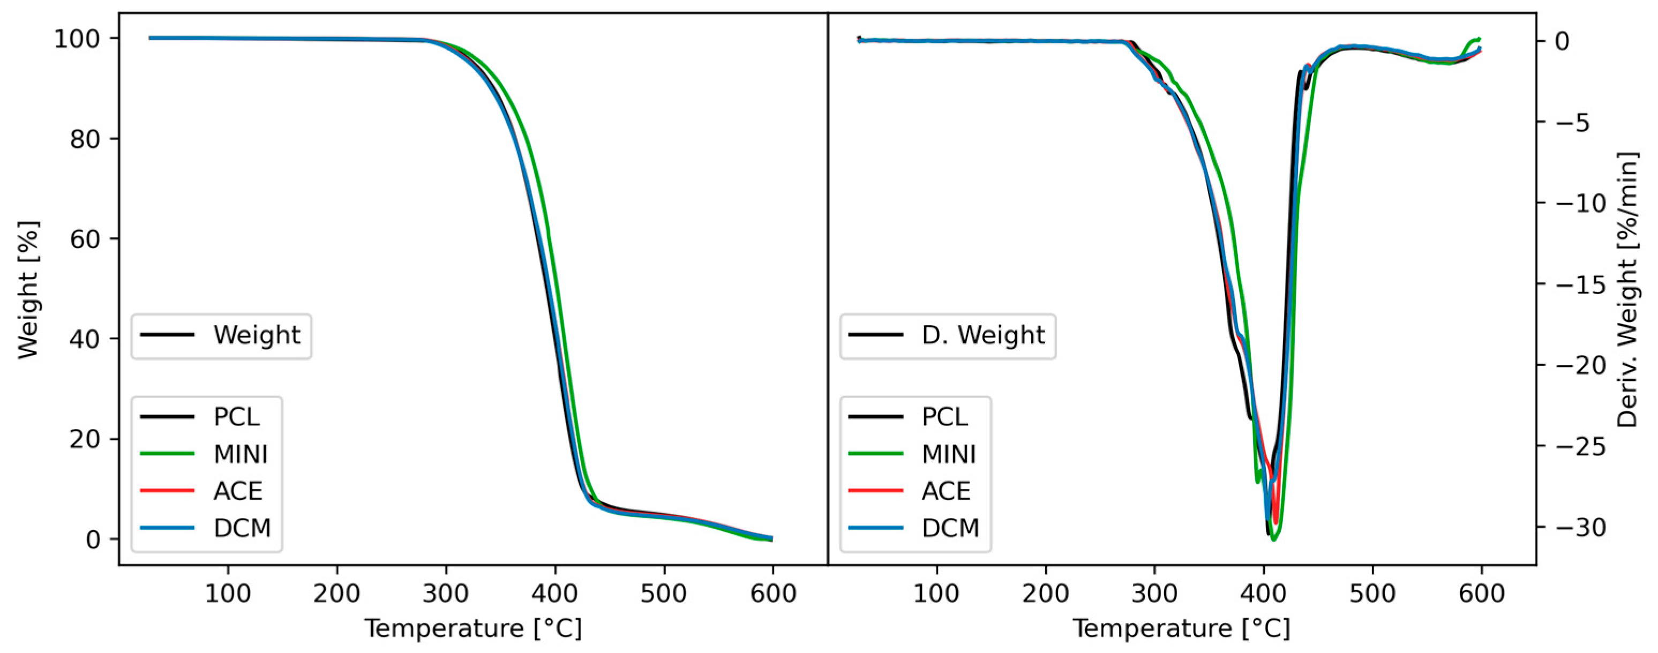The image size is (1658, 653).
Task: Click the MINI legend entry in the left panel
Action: click(240, 454)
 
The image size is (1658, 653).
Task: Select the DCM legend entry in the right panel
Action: click(950, 528)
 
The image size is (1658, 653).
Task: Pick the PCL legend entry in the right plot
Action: click(944, 417)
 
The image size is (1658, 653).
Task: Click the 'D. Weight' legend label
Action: click(983, 335)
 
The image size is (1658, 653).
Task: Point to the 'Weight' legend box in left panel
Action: click(221, 336)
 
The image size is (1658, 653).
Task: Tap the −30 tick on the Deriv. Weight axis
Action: click(1581, 528)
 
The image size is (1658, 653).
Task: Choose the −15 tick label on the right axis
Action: click(1581, 284)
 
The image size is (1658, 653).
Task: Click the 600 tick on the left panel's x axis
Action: click(772, 593)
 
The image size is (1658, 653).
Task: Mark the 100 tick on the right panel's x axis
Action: click(936, 593)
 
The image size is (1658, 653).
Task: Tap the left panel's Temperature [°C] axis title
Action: click(473, 628)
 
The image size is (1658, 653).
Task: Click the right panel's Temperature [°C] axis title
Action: click(1181, 628)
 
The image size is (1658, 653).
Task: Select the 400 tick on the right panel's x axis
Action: click(1263, 593)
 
